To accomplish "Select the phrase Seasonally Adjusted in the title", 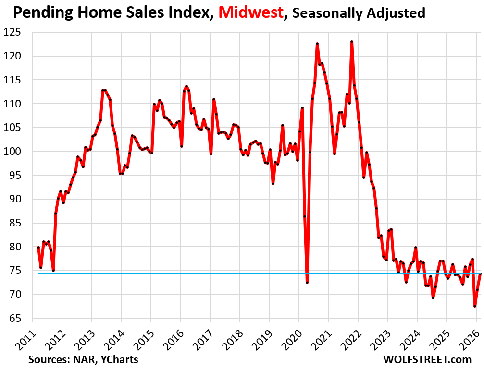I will click(x=359, y=13).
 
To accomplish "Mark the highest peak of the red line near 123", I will click(x=352, y=42).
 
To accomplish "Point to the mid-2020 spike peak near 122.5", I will click(x=317, y=44).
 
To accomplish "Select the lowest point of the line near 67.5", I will click(x=475, y=306).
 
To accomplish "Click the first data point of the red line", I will click(x=38, y=248).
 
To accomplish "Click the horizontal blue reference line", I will click(x=192, y=273).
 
